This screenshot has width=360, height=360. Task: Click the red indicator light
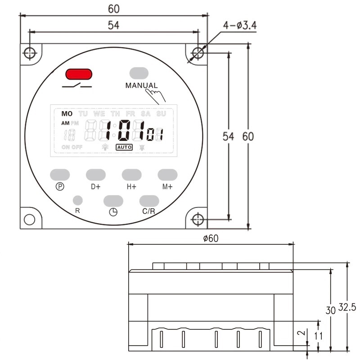click(79, 74)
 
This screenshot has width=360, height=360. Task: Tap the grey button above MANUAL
click(139, 73)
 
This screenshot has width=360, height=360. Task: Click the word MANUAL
click(141, 85)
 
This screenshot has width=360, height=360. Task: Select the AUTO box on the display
click(124, 147)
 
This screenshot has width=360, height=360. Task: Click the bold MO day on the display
click(67, 114)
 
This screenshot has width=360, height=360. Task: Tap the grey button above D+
click(95, 175)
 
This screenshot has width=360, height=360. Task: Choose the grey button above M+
click(167, 175)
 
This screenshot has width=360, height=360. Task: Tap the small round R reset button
click(77, 200)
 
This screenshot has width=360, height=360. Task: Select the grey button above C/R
click(149, 201)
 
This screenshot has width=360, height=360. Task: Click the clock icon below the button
click(113, 212)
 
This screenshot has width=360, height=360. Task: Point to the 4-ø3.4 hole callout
click(239, 26)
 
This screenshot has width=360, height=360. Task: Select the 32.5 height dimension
click(347, 307)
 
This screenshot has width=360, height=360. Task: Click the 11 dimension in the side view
click(319, 335)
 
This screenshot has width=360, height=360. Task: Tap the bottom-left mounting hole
click(30, 220)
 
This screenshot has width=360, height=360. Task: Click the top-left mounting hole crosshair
click(30, 54)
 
